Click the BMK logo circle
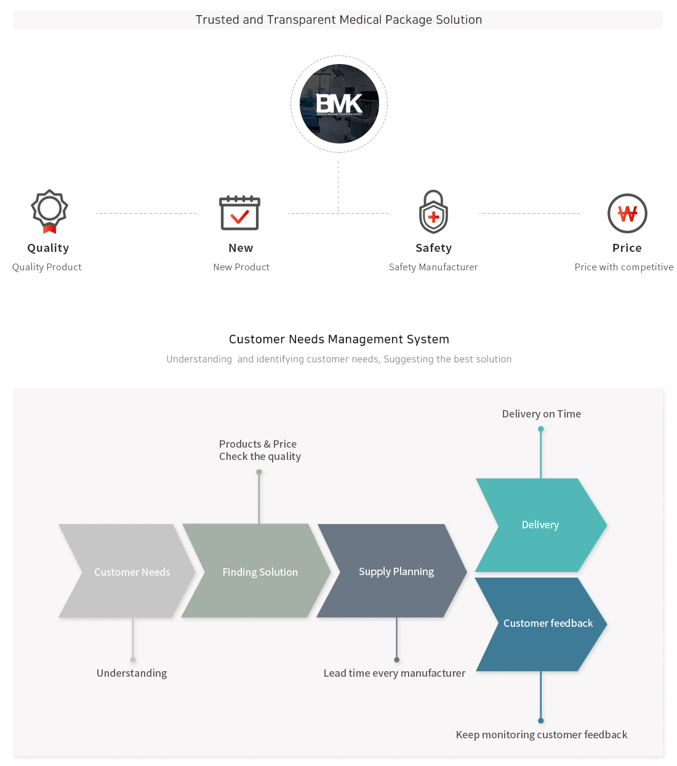pos(339,104)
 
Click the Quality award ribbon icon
pos(49,211)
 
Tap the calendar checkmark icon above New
pos(240,212)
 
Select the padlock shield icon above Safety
pos(433,212)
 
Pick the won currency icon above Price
pos(627,214)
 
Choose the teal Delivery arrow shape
pos(540,525)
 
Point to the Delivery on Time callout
pos(541,414)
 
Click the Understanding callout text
pos(132,673)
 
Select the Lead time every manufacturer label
pos(395,673)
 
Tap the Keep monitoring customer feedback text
pos(542,735)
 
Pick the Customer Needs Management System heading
pos(339,339)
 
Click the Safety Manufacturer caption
pos(433,267)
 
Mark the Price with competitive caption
pos(623,267)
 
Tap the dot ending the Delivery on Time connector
pos(541,429)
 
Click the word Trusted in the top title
pos(217,20)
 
